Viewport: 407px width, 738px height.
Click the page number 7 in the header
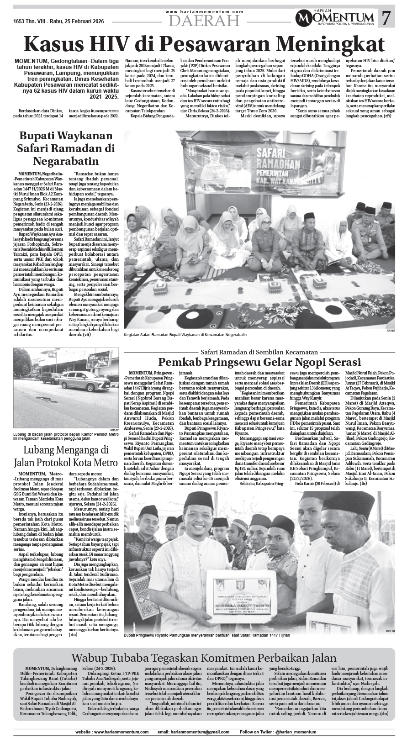[386, 18]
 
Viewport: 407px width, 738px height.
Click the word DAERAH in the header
[204, 21]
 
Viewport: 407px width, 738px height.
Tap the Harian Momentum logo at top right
[336, 18]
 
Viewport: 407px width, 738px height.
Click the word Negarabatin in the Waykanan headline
[66, 161]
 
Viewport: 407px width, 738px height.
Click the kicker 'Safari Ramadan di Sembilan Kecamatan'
[259, 352]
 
